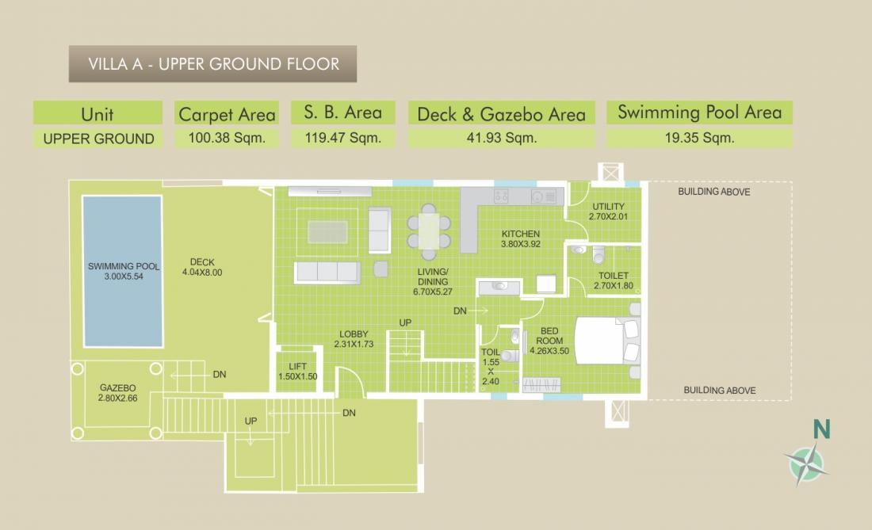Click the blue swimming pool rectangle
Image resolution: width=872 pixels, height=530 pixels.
click(123, 271)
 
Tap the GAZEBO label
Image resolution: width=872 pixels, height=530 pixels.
click(117, 387)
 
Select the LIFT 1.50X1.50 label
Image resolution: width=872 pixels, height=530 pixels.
click(297, 371)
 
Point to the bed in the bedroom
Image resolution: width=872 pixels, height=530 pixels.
click(607, 341)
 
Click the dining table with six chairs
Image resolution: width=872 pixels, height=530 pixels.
click(429, 231)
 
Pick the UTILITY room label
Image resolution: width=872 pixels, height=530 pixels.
click(608, 211)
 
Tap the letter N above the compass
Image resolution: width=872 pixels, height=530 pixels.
click(821, 429)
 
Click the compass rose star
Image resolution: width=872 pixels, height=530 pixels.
click(806, 463)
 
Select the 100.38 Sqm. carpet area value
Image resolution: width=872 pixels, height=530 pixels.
click(227, 138)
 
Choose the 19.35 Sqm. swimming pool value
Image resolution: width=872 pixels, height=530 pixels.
click(700, 138)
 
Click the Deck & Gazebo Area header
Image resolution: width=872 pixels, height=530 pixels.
click(501, 114)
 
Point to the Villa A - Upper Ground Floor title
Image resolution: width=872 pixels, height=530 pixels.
click(213, 64)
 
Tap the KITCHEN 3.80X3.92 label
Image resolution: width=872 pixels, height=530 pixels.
click(521, 239)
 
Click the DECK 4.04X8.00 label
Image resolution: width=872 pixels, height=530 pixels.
click(202, 267)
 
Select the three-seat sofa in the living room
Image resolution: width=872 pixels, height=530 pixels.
click(327, 273)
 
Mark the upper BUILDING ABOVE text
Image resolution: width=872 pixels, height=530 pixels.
click(714, 192)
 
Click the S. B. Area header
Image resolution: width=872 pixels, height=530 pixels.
click(343, 112)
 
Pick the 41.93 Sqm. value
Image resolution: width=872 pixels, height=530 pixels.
click(502, 138)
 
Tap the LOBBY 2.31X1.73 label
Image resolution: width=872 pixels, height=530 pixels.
click(354, 339)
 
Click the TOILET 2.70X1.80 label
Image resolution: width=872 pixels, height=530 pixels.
click(614, 280)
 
